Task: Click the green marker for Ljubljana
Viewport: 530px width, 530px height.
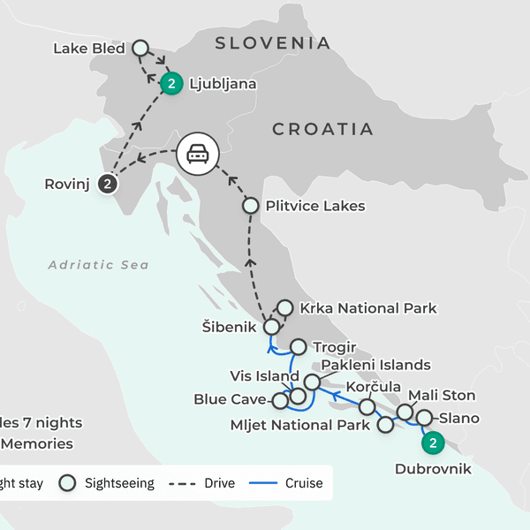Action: [171, 84]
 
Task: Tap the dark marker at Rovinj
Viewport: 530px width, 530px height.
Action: [107, 184]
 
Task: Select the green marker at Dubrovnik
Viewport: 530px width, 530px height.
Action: [432, 443]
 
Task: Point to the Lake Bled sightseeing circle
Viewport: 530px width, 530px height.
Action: [140, 48]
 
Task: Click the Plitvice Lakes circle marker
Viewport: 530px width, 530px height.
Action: [250, 206]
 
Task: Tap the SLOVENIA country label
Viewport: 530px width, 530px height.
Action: [274, 42]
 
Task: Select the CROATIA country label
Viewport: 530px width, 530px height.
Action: [323, 129]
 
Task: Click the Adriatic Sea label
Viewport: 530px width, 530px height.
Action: [98, 264]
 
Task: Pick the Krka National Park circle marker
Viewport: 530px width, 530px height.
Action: [285, 308]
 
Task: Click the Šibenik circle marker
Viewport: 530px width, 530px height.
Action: [271, 326]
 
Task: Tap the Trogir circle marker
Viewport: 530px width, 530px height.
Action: [298, 347]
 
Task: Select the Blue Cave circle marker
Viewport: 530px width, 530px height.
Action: [280, 400]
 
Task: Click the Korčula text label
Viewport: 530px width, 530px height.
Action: [373, 387]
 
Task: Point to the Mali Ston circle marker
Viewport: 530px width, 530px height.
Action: [405, 412]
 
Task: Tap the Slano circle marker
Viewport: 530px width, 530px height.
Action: [424, 418]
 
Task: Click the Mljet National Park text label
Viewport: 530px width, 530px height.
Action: [299, 425]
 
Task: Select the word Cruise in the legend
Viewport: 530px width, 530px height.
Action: [303, 483]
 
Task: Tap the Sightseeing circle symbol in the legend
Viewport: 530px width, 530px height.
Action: [66, 483]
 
